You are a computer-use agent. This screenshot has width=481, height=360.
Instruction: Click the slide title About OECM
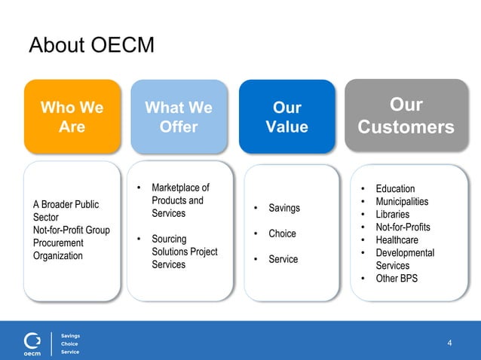[91, 46]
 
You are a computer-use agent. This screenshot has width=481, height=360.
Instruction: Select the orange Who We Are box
[72, 117]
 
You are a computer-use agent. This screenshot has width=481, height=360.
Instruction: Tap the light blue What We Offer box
[179, 117]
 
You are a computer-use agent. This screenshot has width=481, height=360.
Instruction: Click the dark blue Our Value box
[286, 117]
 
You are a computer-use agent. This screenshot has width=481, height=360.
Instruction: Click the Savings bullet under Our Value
[283, 208]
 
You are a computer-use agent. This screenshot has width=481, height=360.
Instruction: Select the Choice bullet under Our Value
[282, 233]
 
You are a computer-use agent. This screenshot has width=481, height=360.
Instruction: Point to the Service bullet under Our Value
[283, 259]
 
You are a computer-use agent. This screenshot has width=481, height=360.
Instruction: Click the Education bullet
[395, 188]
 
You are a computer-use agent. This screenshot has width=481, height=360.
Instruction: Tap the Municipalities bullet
[402, 201]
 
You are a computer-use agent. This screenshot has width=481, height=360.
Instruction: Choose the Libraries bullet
[392, 214]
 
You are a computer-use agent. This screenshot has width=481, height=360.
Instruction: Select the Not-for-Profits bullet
[403, 227]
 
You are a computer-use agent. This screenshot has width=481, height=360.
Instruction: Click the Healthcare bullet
[397, 239]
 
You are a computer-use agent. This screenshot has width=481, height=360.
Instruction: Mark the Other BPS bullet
[397, 279]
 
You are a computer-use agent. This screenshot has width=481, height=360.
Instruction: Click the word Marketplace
[180, 188]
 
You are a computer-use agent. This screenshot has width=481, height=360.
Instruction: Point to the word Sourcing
[170, 239]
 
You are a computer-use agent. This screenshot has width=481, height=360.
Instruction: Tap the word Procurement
[58, 243]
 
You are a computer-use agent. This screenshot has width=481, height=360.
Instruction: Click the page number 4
[450, 343]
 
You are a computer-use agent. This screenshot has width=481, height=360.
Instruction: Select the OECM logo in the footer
[32, 343]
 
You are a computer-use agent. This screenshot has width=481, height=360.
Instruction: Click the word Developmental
[405, 252]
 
